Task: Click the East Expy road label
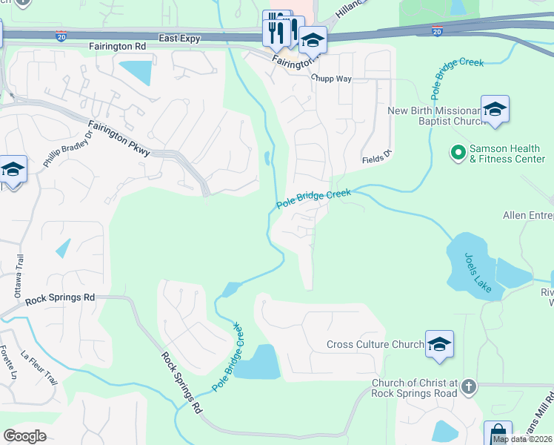point(179,38)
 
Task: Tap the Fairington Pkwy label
point(119,139)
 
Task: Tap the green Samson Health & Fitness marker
point(458,154)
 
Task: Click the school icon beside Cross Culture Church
point(439,344)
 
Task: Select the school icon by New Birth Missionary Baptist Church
point(495,110)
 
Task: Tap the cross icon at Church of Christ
point(468,387)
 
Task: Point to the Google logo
point(25,435)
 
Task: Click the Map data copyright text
point(523,439)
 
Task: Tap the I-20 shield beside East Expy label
point(61,34)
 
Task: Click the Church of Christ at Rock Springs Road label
point(415,388)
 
